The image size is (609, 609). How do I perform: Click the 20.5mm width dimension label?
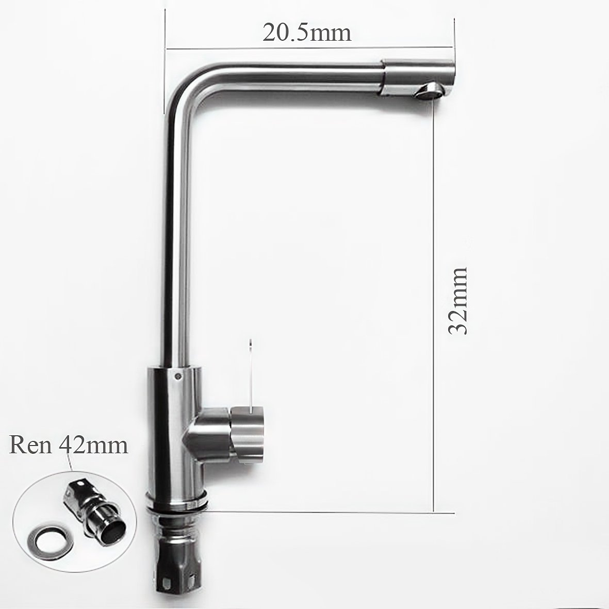point(307,32)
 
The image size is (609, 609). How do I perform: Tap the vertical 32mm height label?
point(457,301)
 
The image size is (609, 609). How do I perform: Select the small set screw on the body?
point(177,376)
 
